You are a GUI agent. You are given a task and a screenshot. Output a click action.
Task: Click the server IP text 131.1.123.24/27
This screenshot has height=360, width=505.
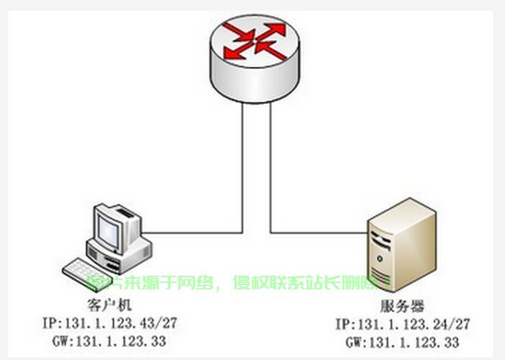pos(414,325)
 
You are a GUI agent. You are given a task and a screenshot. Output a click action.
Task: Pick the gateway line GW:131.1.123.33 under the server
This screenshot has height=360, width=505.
pos(402,342)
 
